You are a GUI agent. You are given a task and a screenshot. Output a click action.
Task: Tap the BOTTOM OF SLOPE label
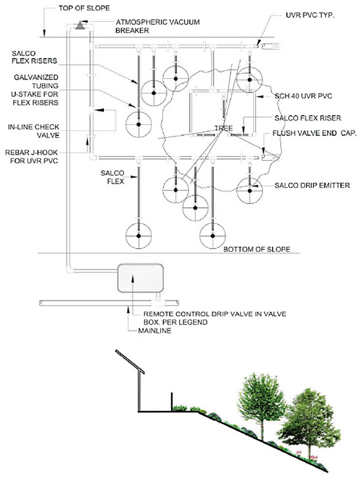pos(257,249)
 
